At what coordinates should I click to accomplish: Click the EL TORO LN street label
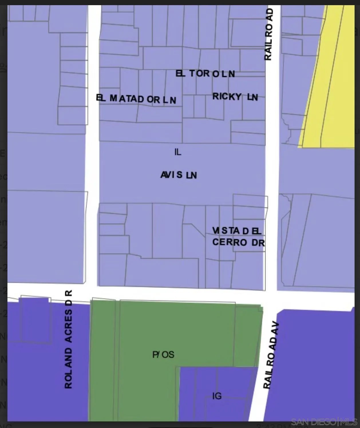[205, 74]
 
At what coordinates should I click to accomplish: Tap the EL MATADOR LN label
[136, 99]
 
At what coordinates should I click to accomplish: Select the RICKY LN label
[235, 97]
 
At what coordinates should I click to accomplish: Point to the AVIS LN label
[179, 175]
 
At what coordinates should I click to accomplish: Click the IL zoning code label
[178, 152]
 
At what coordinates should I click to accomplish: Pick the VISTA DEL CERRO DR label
[238, 237]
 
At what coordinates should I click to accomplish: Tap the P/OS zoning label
[163, 355]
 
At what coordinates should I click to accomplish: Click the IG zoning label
[217, 396]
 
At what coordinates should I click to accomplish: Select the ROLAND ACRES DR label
[68, 339]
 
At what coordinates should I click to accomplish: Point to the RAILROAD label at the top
[268, 34]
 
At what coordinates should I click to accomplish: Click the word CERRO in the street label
[230, 242]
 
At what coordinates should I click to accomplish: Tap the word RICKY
[227, 96]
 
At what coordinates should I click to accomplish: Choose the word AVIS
[171, 175]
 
